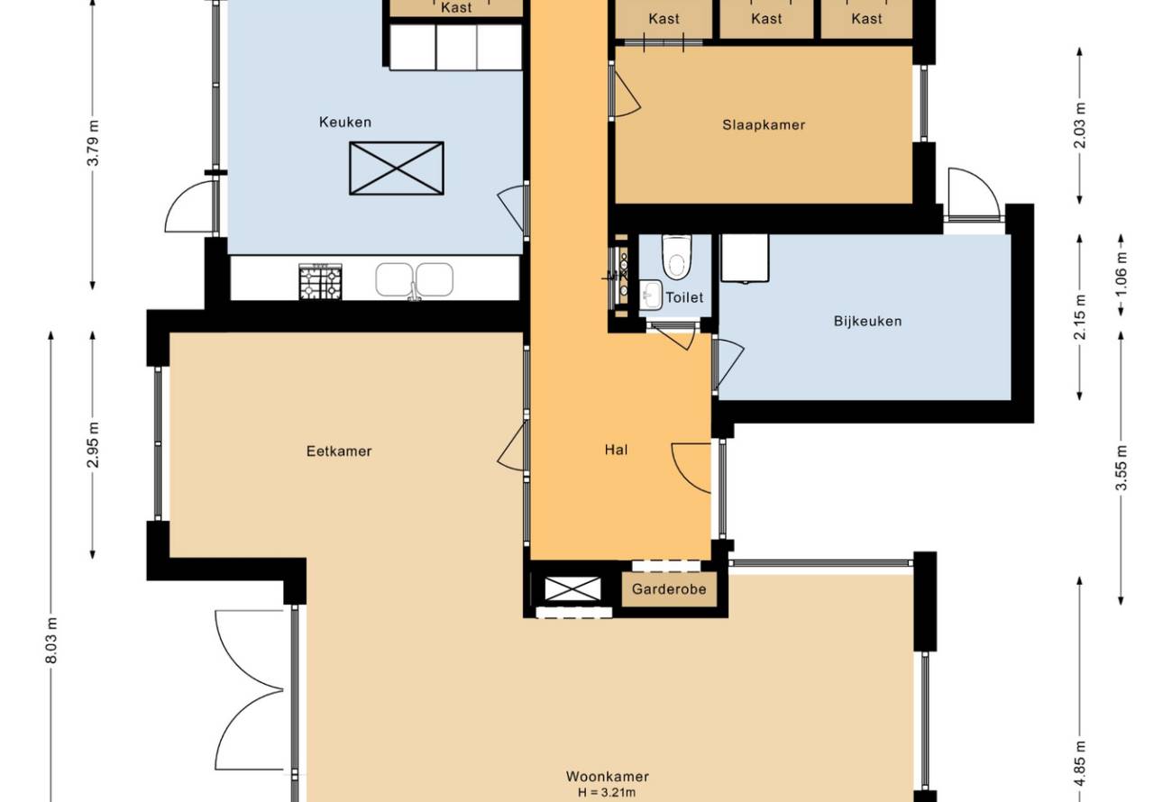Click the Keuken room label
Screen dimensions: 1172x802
point(345,123)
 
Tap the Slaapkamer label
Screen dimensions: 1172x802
point(764,125)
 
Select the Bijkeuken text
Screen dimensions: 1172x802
point(867,321)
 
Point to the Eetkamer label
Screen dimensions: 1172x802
point(339,451)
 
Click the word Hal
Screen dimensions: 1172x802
point(616,450)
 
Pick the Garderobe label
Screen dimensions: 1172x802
point(669,589)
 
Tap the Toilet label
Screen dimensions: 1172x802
point(684,297)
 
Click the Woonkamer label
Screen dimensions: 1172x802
point(608,777)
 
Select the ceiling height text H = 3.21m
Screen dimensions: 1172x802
point(607,793)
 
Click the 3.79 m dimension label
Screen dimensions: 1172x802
point(93,142)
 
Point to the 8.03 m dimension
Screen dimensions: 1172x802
point(51,641)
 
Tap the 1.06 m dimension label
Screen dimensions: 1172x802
point(1121,274)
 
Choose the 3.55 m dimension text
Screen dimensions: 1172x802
point(1121,468)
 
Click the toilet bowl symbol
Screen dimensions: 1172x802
point(676,257)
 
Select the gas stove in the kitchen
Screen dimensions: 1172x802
point(320,282)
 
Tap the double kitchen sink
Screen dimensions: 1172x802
point(415,279)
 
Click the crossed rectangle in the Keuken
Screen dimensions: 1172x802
point(397,169)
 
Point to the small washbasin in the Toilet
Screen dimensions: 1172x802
point(651,295)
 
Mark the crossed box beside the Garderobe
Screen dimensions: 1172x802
point(572,588)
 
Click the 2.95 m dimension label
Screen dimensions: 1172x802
point(93,445)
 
